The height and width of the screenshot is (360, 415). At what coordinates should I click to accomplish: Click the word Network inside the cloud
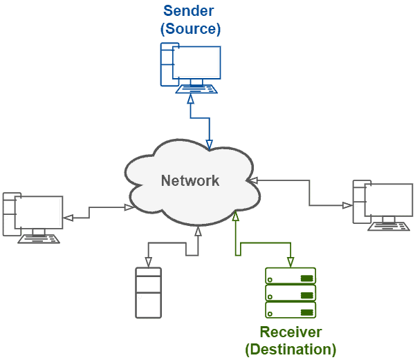pyautogui.click(x=190, y=181)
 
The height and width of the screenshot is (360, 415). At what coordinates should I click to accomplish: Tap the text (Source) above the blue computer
pyautogui.click(x=190, y=29)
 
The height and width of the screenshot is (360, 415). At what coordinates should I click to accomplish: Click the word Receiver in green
pyautogui.click(x=290, y=332)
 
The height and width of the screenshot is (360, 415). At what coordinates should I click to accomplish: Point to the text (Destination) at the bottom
pyautogui.click(x=290, y=349)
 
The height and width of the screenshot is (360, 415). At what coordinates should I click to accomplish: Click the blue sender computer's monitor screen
pyautogui.click(x=196, y=62)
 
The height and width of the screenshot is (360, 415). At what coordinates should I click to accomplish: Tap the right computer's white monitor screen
pyautogui.click(x=388, y=200)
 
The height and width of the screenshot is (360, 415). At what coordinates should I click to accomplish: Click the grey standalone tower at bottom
pyautogui.click(x=148, y=293)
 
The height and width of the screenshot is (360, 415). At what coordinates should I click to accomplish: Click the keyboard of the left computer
pyautogui.click(x=39, y=240)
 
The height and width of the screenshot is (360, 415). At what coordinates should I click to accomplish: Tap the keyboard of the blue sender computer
pyautogui.click(x=196, y=90)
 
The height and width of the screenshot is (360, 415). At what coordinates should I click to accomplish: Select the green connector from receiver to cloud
pyautogui.click(x=263, y=243)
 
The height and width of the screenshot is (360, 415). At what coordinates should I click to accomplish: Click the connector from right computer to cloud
pyautogui.click(x=309, y=193)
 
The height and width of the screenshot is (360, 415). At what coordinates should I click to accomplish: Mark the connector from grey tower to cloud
pyautogui.click(x=173, y=243)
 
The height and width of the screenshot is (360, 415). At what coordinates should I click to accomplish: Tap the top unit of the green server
pyautogui.click(x=290, y=277)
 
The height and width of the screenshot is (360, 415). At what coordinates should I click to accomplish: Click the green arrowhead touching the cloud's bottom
pyautogui.click(x=237, y=216)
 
